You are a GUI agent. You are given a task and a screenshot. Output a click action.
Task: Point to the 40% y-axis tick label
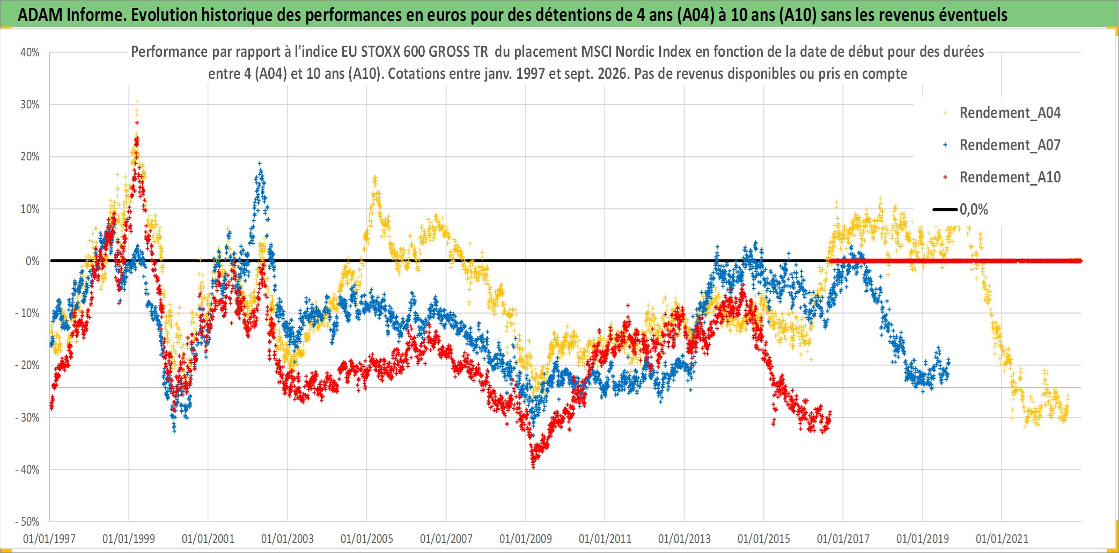pos(30,53)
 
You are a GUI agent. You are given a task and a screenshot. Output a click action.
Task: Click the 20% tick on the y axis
pos(30,157)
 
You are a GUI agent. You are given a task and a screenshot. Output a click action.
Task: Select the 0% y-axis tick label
pos(33,261)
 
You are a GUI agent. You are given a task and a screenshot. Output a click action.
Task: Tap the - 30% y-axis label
pos(27,417)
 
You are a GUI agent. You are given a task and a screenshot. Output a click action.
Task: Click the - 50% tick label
pos(27,521)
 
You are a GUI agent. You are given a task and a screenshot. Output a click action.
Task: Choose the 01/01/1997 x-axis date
pos(49,539)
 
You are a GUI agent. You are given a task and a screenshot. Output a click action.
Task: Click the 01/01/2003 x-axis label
pos(288,539)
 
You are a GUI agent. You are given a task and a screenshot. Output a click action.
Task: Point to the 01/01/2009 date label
pos(526,539)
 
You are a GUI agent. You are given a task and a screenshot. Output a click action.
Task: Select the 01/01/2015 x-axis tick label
pos(764,539)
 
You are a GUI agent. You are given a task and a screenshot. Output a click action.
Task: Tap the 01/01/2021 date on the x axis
pos(1002,539)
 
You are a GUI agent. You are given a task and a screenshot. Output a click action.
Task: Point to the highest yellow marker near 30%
pos(137,101)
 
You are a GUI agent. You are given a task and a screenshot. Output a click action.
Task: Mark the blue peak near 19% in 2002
pos(260,163)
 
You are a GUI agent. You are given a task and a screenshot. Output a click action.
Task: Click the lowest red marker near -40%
pos(533,467)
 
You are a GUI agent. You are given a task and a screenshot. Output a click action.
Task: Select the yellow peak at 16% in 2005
pos(375,177)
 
